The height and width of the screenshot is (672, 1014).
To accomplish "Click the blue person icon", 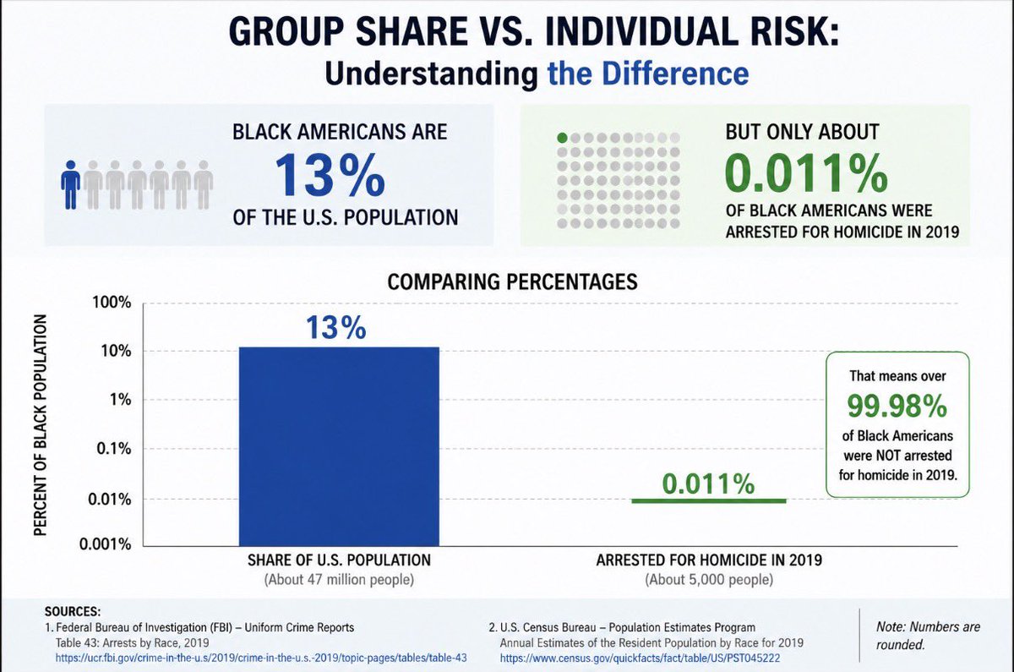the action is [71, 185].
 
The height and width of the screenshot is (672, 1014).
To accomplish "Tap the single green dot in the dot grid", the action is [562, 138].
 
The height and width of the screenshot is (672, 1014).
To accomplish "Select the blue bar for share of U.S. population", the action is [339, 446].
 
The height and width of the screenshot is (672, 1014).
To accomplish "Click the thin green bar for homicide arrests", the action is [709, 500].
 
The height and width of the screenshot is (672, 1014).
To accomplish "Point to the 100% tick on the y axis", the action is [112, 303].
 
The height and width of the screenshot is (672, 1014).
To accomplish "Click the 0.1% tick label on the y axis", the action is [113, 449].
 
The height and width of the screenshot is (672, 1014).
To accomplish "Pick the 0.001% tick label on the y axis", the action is [106, 544].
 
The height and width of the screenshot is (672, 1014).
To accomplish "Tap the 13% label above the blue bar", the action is [336, 327].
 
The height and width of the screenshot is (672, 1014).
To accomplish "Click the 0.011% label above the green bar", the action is [708, 484].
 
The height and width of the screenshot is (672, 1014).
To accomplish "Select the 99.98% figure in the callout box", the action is [897, 406].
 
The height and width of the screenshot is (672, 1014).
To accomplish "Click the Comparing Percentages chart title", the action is [512, 281].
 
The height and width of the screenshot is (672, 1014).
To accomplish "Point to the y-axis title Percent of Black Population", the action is [41, 425].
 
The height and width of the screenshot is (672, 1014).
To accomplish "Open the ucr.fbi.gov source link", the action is [261, 658].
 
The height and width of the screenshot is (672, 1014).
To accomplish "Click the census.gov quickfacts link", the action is [641, 658].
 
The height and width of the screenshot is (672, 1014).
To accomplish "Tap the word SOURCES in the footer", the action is [73, 612].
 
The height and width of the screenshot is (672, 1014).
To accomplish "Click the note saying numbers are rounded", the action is [928, 636].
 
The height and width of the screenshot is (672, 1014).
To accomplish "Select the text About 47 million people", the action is [339, 580].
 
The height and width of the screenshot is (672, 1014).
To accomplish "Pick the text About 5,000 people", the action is [709, 580].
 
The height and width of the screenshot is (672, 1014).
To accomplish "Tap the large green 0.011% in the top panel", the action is [807, 172].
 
